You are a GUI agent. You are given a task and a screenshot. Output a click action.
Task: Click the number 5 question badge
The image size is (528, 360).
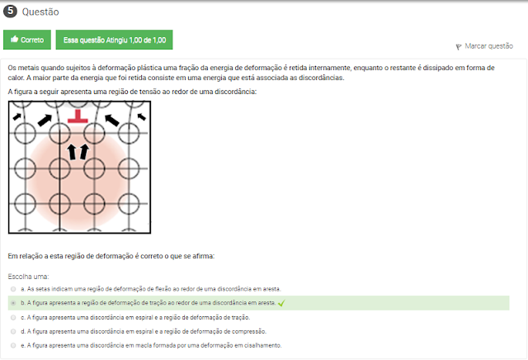coord(10,11)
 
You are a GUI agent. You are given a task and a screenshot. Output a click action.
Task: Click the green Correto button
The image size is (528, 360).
coord(27,40)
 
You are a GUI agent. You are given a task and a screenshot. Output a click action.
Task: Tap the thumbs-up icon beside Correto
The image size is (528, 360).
coord(14,39)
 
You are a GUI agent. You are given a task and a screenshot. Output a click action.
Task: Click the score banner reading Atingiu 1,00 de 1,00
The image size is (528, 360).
coord(114,40)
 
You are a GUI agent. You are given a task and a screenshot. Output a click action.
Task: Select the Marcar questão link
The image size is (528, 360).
coord(488,46)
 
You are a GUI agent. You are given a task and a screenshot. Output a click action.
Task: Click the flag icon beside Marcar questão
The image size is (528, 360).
coord(459,47)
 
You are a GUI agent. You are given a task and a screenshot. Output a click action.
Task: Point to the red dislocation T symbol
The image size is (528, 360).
coord(78,116)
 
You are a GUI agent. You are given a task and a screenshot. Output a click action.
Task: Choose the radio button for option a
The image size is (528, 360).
coord(13,289)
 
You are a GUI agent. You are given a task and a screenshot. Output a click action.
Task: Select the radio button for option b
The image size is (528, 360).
coord(13,303)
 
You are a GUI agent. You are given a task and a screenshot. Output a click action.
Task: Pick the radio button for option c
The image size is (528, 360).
coord(13,318)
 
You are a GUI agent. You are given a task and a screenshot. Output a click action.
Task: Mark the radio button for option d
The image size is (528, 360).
coord(13,331)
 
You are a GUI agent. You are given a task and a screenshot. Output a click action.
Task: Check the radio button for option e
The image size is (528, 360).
coord(13,345)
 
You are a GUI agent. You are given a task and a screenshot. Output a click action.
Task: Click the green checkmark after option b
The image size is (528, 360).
coord(281,303)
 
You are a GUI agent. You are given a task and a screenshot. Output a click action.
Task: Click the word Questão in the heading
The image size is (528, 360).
coord(40,12)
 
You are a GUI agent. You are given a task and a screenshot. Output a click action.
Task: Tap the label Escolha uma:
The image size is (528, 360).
coord(28,277)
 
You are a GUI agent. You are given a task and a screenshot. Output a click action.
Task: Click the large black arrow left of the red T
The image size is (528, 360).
coord(45,120)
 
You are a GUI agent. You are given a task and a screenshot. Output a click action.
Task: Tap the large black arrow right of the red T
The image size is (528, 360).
coord(112,120)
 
